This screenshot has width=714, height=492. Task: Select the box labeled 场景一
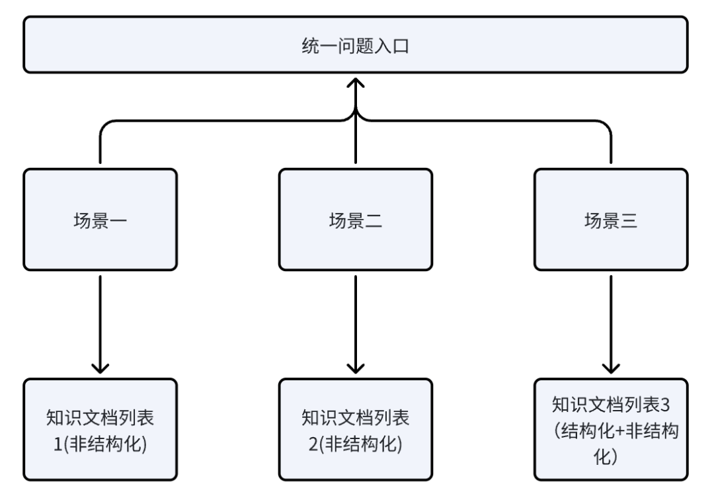pos(100,219)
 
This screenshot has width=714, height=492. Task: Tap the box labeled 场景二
pos(356,219)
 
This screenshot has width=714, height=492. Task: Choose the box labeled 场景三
pos(611,219)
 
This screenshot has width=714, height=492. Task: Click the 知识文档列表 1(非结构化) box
pos(100,429)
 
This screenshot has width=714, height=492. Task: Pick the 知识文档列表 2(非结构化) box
pos(356,429)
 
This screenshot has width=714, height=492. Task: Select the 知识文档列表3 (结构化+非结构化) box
pos(611,429)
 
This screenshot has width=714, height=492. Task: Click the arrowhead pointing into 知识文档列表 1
pos(100,368)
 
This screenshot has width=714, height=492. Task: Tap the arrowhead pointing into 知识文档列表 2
pos(356,368)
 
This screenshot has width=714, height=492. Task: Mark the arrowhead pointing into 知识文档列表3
pos(611,368)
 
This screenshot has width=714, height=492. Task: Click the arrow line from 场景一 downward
pos(100,317)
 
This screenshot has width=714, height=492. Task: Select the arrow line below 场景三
pos(611,317)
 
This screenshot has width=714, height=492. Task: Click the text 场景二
pos(356,219)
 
